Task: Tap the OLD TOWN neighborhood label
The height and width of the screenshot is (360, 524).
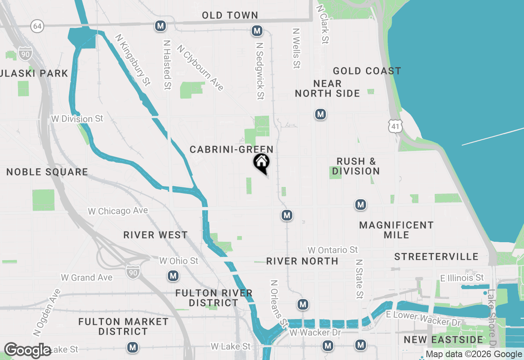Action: click(230, 16)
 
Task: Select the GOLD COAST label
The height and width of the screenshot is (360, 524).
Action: click(367, 71)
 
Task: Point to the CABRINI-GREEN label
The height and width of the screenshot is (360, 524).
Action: click(231, 150)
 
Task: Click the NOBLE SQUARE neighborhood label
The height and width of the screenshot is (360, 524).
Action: click(47, 172)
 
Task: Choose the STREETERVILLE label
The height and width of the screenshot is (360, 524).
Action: click(436, 257)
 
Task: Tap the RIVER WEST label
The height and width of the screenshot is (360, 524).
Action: click(156, 235)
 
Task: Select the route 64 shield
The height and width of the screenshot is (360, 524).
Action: click(37, 27)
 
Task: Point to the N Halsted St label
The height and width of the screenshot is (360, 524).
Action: click(167, 64)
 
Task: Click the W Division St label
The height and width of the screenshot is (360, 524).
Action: click(77, 119)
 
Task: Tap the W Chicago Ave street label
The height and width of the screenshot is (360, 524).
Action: click(118, 211)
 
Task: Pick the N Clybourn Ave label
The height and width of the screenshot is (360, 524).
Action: click(200, 67)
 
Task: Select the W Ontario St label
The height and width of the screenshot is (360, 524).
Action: click(333, 250)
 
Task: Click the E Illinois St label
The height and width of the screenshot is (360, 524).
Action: click(462, 278)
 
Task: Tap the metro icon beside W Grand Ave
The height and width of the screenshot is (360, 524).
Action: click(173, 276)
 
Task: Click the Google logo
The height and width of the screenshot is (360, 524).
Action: click(27, 351)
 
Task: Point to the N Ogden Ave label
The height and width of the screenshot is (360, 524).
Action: click(47, 313)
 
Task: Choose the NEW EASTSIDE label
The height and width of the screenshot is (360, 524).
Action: click(443, 340)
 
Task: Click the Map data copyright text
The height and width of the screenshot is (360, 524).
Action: click(474, 354)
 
